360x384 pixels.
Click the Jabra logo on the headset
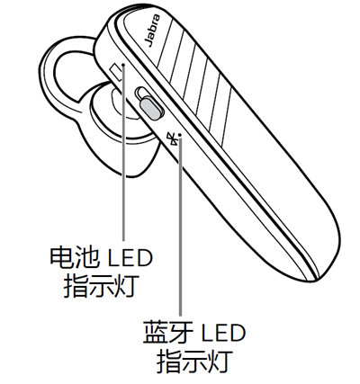(x=152, y=31)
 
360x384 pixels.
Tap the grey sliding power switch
(x=152, y=108)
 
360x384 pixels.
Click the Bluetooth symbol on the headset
(x=172, y=139)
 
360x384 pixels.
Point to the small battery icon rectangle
(x=117, y=72)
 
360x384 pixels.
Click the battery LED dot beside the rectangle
(x=123, y=64)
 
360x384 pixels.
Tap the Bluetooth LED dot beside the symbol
(x=180, y=135)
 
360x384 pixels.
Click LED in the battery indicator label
(x=130, y=258)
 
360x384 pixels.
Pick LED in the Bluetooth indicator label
(x=223, y=333)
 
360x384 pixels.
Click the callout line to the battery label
(x=123, y=153)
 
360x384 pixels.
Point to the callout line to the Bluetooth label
(x=180, y=226)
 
